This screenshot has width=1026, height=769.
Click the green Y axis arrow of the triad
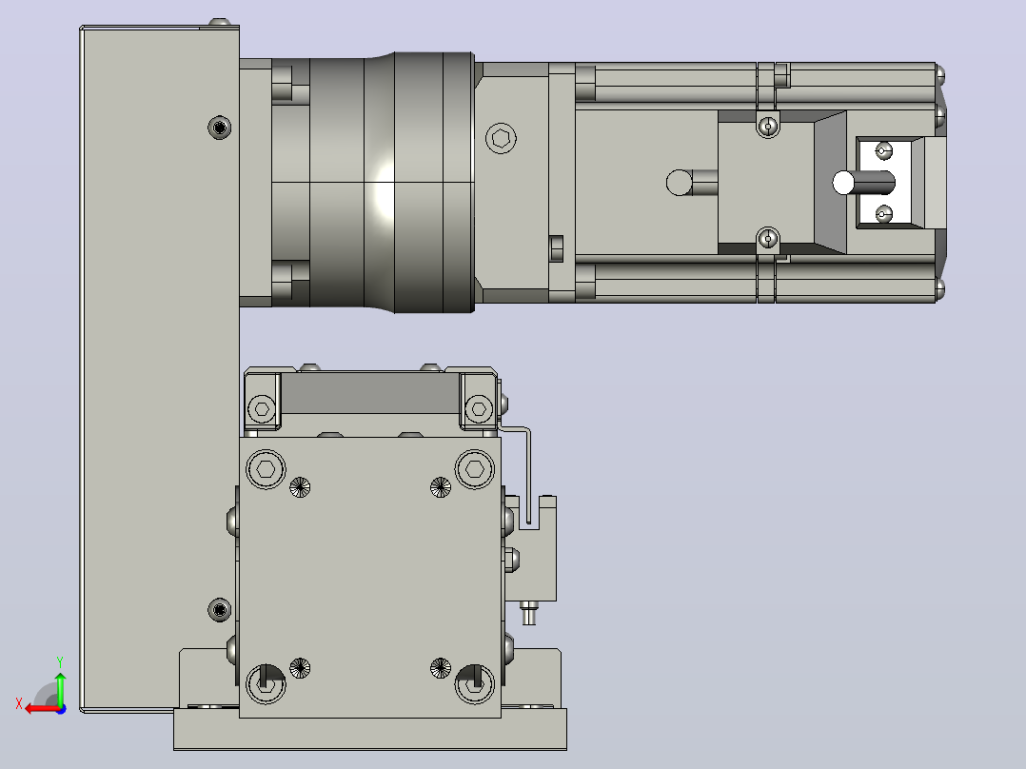60,687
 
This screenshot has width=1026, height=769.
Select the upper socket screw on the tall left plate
219,127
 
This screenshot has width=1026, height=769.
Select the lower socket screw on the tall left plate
219,610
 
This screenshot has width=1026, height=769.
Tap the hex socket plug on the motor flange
502,139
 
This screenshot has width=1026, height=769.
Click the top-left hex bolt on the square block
266,469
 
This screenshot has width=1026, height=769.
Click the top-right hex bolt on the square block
474,469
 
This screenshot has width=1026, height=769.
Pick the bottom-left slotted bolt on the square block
266,684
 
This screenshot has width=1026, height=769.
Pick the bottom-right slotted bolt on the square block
474,684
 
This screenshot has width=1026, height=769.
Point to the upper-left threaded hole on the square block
300,487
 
